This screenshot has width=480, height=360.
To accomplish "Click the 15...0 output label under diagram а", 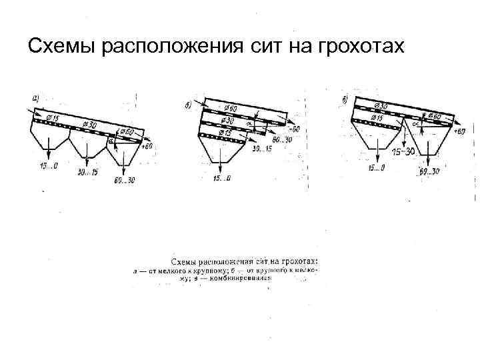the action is (x=47, y=165).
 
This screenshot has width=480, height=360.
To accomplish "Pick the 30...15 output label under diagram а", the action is (x=87, y=173).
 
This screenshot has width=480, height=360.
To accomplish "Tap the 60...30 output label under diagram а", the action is (x=125, y=179).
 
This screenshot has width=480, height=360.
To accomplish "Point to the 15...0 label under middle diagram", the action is (x=222, y=178).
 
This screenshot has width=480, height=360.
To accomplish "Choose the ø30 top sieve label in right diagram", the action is (x=381, y=105).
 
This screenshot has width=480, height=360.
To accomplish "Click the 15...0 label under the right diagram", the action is (x=375, y=168).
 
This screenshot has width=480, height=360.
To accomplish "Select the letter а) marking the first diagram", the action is (x=35, y=99).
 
